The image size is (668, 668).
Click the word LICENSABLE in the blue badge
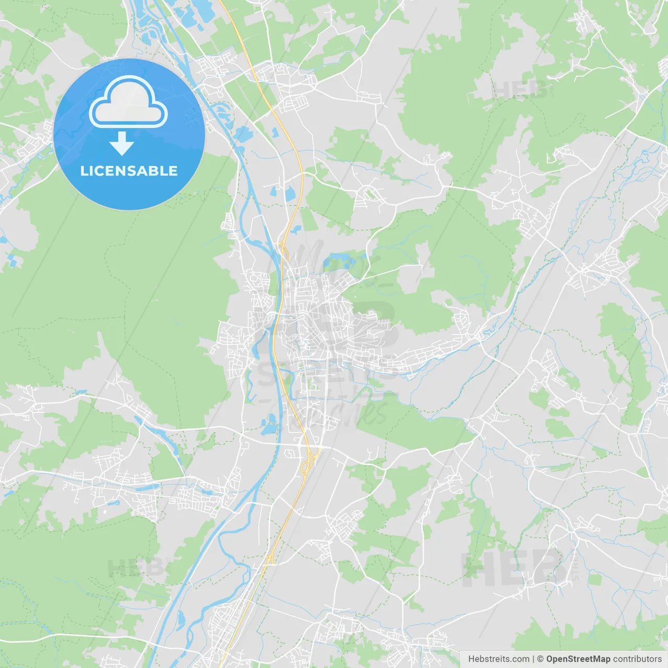click(129, 171)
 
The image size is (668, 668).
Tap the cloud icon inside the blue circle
click(128, 102)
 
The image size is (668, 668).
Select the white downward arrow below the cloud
click(122, 144)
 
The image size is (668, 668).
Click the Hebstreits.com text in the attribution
click(498, 659)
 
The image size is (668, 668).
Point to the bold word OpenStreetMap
click(578, 659)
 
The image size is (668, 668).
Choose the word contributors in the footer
click(637, 659)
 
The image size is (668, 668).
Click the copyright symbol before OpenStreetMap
click(541, 659)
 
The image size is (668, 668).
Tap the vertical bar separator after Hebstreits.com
click(533, 659)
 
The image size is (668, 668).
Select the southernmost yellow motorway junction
click(270, 559)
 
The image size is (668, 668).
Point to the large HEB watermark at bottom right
click(514, 569)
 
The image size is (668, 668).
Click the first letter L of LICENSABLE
click(83, 171)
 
